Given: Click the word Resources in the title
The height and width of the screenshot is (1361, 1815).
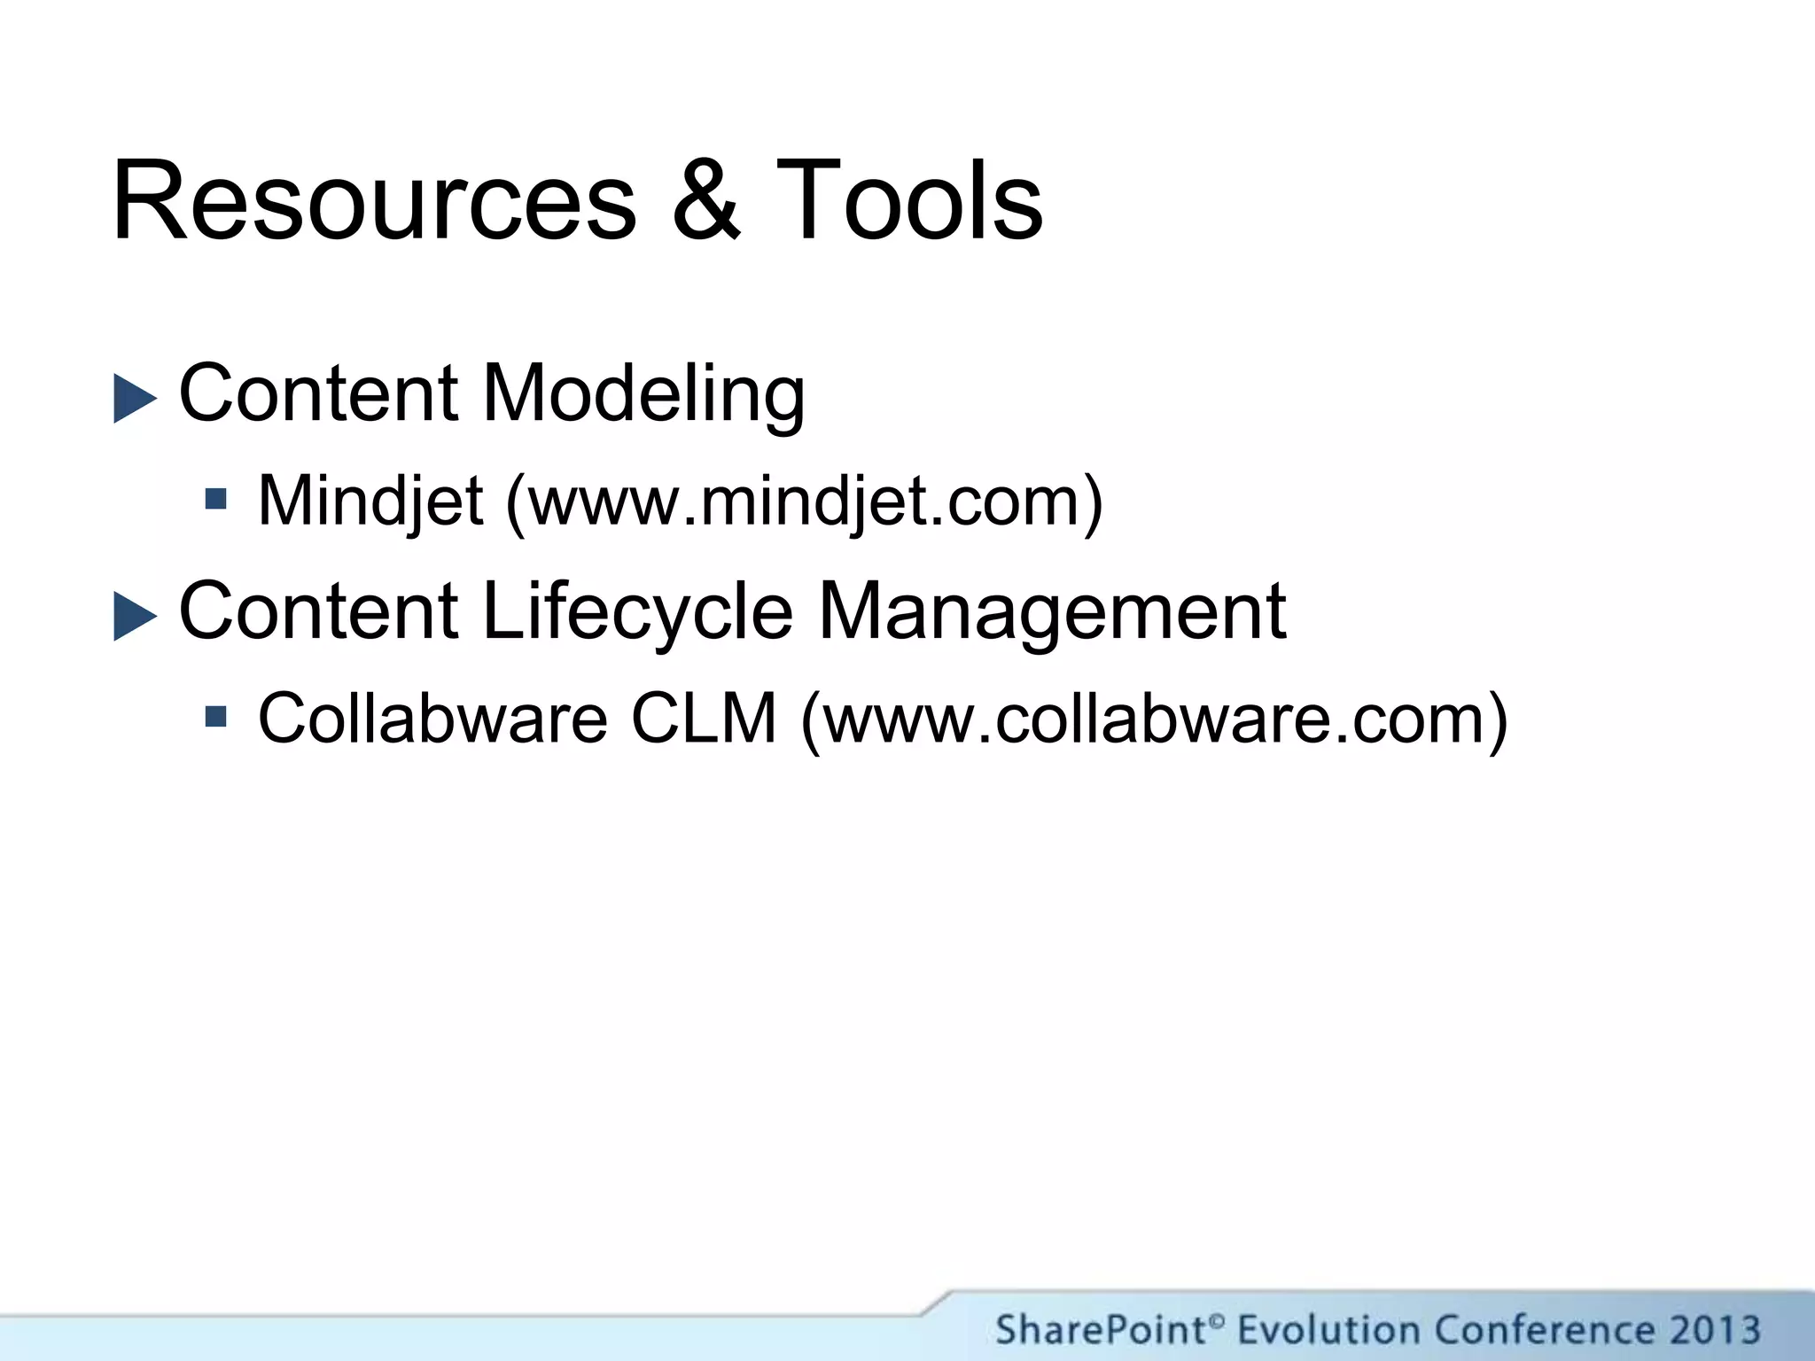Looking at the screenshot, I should pyautogui.click(x=372, y=202).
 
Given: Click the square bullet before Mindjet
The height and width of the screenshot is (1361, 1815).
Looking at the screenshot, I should pyautogui.click(x=215, y=499).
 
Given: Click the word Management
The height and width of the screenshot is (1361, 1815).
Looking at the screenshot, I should pyautogui.click(x=1051, y=611).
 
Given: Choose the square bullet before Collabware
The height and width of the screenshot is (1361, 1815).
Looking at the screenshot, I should pyautogui.click(x=215, y=715).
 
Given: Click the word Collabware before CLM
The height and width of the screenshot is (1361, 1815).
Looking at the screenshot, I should pyautogui.click(x=432, y=718).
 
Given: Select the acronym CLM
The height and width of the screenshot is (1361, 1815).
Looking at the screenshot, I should pyautogui.click(x=703, y=718).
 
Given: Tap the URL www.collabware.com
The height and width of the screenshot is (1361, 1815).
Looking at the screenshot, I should pyautogui.click(x=1153, y=718).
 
